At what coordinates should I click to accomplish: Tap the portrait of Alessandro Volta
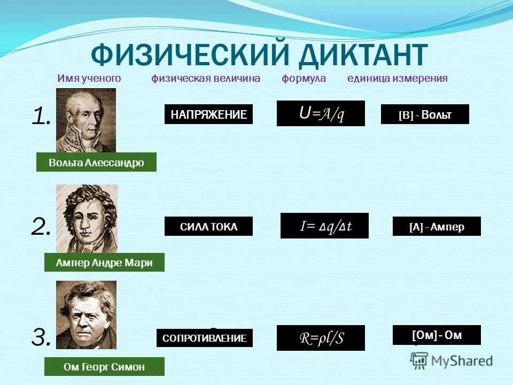tap(86, 120)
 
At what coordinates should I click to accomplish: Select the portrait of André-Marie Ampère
tap(87, 218)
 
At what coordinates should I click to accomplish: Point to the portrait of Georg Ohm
tap(86, 314)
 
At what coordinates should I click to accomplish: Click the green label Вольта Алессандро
tap(96, 162)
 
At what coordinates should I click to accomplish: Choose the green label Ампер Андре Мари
tap(104, 262)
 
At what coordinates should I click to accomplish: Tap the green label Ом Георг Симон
tap(104, 366)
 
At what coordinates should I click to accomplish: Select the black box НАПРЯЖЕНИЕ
tap(208, 114)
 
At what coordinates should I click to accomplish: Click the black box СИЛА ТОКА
tap(208, 227)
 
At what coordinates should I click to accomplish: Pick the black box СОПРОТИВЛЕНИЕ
tap(205, 338)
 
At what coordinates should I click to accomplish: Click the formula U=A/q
tap(321, 113)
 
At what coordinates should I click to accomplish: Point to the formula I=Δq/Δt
tap(324, 226)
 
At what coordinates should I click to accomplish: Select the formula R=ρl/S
tap(321, 338)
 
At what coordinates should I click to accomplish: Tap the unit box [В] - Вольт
tap(425, 114)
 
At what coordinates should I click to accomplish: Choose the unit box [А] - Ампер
tap(437, 226)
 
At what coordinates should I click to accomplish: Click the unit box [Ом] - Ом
tap(437, 335)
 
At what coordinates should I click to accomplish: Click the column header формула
tap(304, 79)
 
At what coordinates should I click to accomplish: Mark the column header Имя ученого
tap(89, 79)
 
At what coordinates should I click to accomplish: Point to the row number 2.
tap(41, 227)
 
